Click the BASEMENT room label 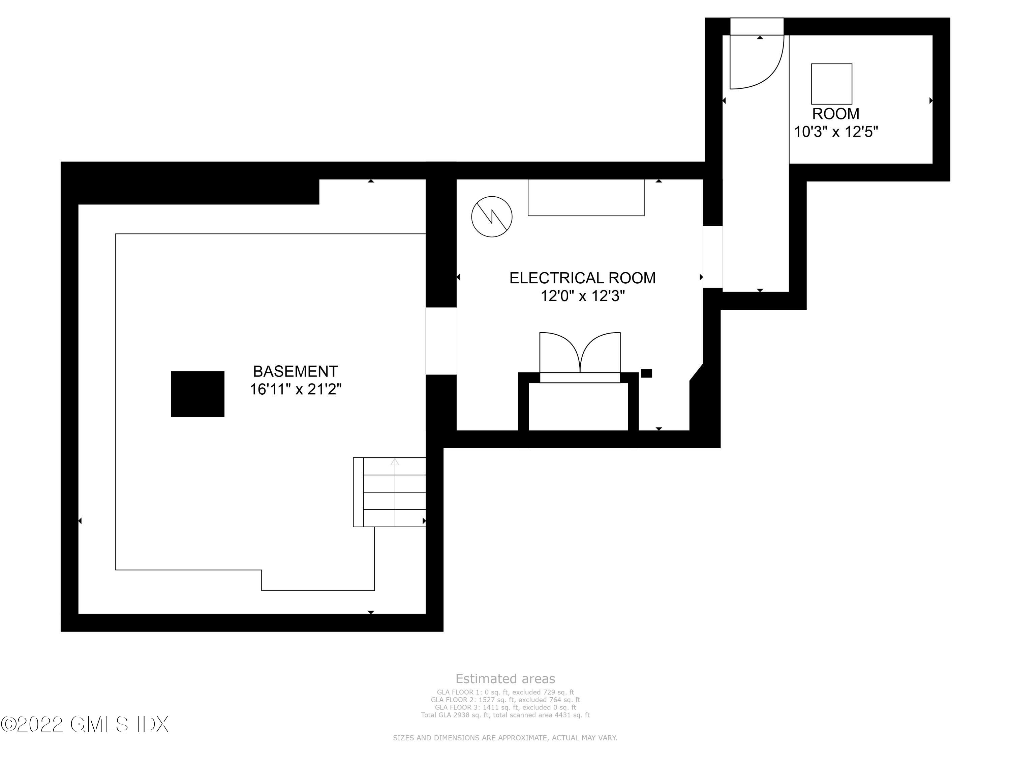coord(295,371)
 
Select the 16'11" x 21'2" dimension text coord(295,389)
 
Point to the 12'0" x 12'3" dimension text coord(582,296)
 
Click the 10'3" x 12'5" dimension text coord(836,132)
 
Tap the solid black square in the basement coord(197,394)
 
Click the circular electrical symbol coord(492,217)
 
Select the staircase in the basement coord(390,492)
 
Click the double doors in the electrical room coord(580,357)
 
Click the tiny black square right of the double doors coord(646,373)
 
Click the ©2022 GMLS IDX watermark coord(85,724)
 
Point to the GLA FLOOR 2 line coord(505,700)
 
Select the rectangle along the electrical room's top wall coord(586,197)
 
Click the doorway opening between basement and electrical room coord(441,341)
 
